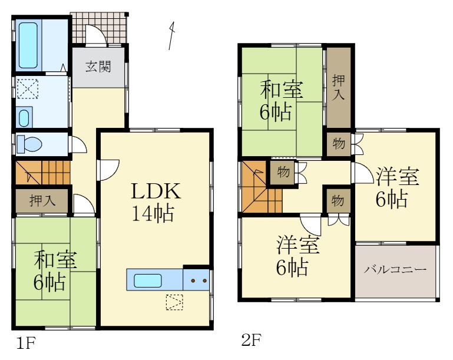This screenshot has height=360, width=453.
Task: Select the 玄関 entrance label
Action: tap(98, 66)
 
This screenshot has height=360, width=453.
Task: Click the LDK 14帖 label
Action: tap(154, 201)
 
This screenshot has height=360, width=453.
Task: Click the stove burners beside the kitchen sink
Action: tap(197, 280)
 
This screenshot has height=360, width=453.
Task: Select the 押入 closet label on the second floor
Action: tap(338, 86)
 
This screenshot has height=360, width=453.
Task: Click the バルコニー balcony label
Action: tap(394, 270)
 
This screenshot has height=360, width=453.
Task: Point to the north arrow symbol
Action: tap(171, 35)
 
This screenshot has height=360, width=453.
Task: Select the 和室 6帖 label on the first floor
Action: tap(55, 271)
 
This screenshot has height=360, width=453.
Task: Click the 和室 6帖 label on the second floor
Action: tap(282, 101)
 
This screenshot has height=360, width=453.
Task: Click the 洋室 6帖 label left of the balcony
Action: tap(297, 256)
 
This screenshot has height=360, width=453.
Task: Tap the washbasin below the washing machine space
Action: tap(23, 118)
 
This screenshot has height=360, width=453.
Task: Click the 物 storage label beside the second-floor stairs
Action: tap(283, 172)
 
